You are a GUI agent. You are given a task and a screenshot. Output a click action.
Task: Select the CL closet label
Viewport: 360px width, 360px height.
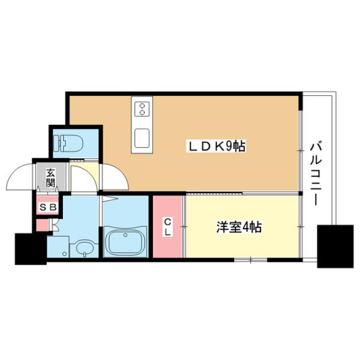[168, 227]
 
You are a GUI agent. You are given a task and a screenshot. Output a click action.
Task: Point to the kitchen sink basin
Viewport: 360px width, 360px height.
[143, 137]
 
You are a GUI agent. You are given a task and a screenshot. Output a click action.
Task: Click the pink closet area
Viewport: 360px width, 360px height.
[168, 226]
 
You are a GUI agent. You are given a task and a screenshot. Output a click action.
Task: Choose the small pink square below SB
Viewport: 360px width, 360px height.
[41, 226]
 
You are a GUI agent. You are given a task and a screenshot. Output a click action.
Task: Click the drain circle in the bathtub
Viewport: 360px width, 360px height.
[125, 236]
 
